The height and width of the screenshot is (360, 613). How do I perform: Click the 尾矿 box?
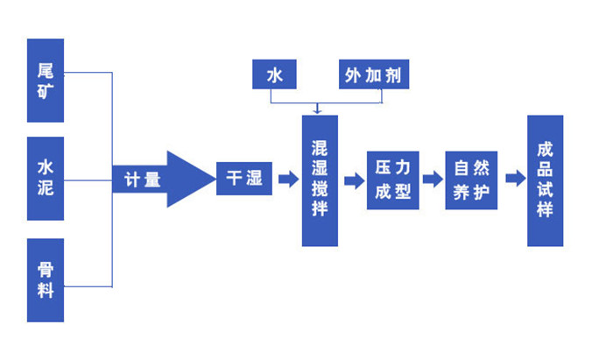tap(45, 81)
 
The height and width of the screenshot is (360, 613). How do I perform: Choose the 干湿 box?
tap(244, 179)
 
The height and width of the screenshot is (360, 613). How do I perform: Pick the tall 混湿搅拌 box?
tap(320, 180)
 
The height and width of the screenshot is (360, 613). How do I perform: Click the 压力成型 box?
tap(393, 179)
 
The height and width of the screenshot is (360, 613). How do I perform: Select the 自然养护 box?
tap(471, 179)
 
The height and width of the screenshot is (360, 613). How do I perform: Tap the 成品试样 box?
tap(545, 180)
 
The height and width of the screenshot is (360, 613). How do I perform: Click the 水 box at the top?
tap(274, 75)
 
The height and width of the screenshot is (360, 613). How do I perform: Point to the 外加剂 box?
tap(374, 75)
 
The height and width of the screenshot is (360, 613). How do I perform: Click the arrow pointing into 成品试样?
tap(513, 179)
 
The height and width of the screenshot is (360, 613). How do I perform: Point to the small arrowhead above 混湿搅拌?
tap(319, 110)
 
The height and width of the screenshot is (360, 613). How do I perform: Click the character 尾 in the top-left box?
tap(45, 69)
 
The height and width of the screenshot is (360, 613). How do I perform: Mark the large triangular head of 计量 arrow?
tap(187, 179)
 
